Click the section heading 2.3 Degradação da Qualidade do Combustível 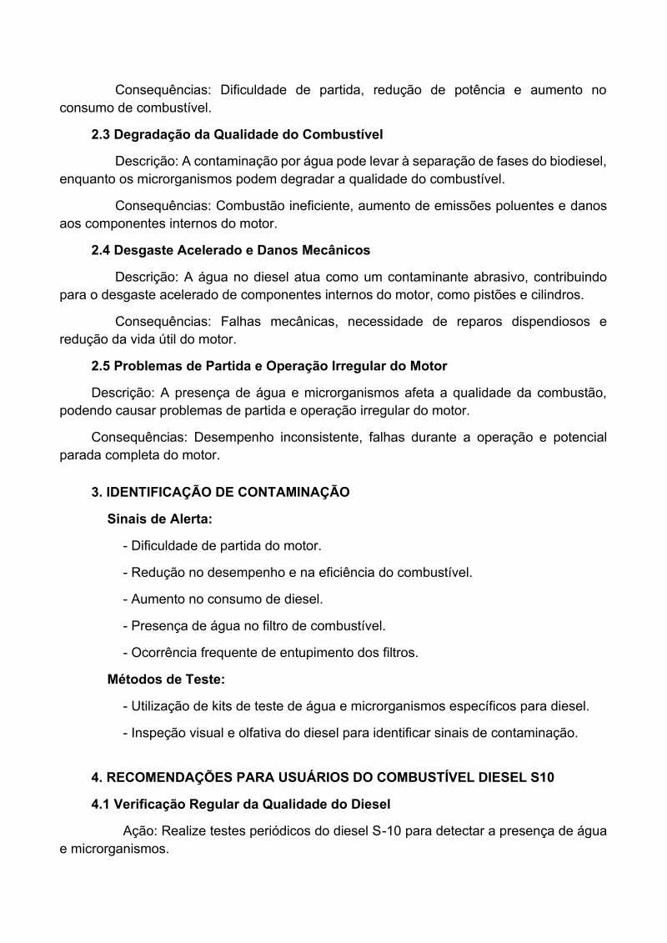point(237,134)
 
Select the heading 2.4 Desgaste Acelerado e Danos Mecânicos point(230,250)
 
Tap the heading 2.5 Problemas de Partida point(268,366)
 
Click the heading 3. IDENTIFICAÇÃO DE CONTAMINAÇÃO point(220,492)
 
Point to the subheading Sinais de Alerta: point(160,519)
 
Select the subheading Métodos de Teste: point(167,679)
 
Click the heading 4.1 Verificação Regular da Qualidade point(240,805)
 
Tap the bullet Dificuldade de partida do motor point(222,546)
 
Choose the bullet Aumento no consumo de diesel point(223,599)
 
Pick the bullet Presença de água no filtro point(253,626)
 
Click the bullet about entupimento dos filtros point(270,653)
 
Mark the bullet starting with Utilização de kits point(355,706)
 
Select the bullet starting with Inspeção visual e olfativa point(349,733)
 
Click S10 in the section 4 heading point(542,777)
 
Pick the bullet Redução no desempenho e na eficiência point(297,573)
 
